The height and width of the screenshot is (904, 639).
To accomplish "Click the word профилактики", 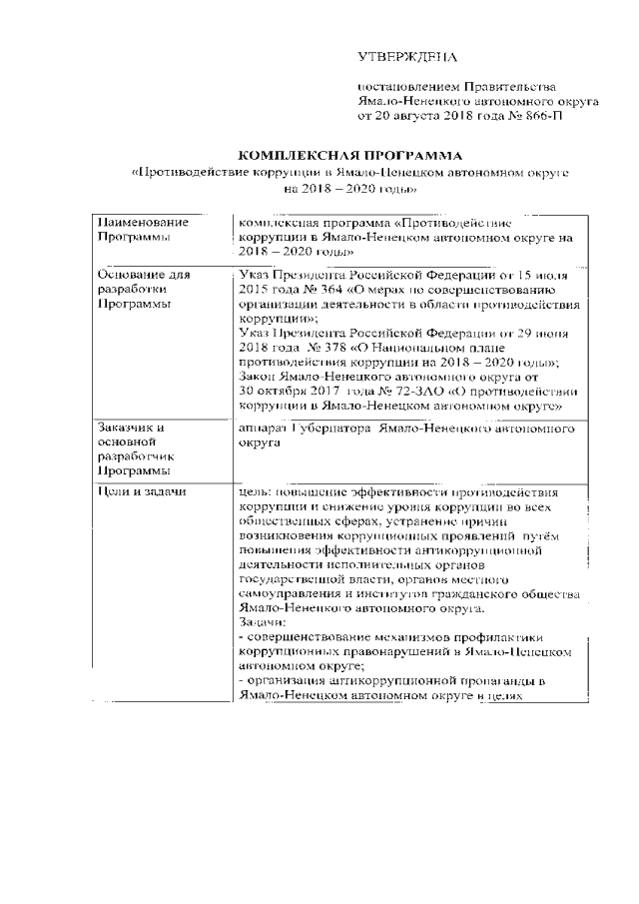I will pos(526,635).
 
